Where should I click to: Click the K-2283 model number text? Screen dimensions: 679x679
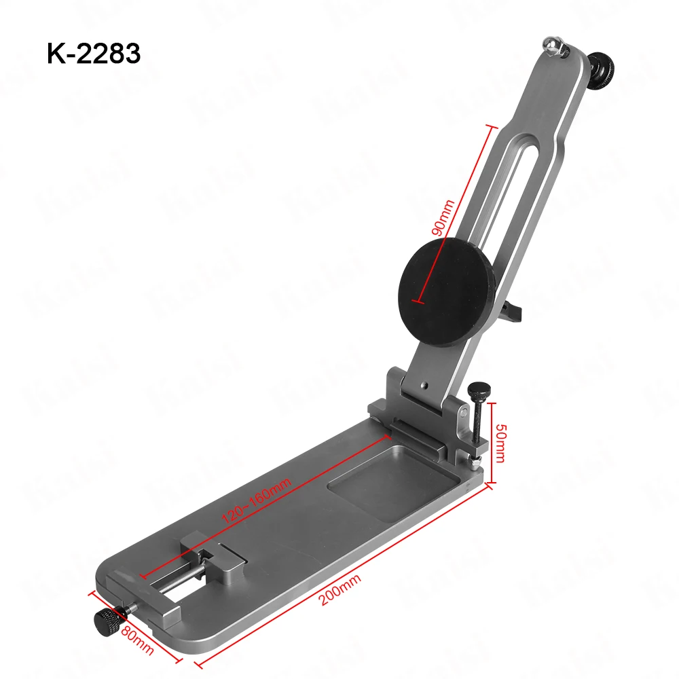pyautogui.click(x=94, y=53)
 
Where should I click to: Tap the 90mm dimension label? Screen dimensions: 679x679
pyautogui.click(x=443, y=217)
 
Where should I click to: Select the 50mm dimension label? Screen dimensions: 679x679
pyautogui.click(x=500, y=443)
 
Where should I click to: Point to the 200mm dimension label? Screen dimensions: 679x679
pyautogui.click(x=339, y=589)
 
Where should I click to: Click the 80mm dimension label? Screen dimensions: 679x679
pyautogui.click(x=137, y=640)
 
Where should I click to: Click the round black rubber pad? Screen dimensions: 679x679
pyautogui.click(x=446, y=292)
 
